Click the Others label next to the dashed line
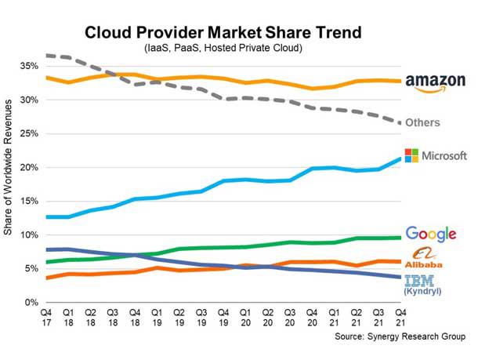tap(424, 123)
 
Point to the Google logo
tap(431, 233)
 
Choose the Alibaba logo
tap(423, 257)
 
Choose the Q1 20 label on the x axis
tap(244, 318)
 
